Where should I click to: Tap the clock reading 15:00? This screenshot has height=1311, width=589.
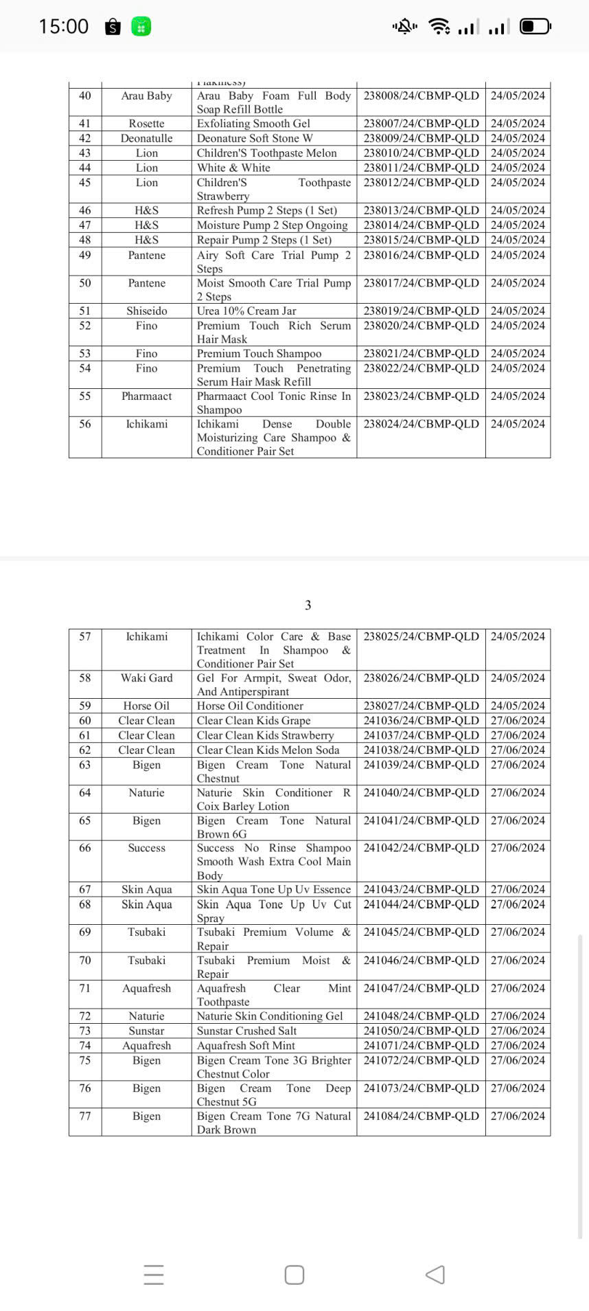pyautogui.click(x=64, y=26)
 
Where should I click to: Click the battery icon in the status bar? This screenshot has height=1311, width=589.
pyautogui.click(x=535, y=27)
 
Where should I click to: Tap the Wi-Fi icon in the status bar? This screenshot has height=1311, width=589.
pyautogui.click(x=439, y=27)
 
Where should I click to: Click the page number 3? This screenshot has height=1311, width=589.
pyautogui.click(x=308, y=605)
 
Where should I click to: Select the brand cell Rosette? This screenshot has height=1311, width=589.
pyautogui.click(x=146, y=124)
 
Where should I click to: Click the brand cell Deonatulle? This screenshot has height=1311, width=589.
pyautogui.click(x=146, y=138)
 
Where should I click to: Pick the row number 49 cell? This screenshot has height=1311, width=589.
pyautogui.click(x=85, y=255)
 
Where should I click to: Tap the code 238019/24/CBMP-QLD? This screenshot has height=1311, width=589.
pyautogui.click(x=421, y=311)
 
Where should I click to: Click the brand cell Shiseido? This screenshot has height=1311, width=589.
pyautogui.click(x=146, y=311)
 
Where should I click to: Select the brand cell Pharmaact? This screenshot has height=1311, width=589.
pyautogui.click(x=146, y=396)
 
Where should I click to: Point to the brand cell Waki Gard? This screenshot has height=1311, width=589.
pyautogui.click(x=146, y=677)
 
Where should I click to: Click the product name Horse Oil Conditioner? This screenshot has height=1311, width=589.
pyautogui.click(x=250, y=706)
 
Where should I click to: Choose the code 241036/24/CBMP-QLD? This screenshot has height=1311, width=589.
pyautogui.click(x=421, y=720)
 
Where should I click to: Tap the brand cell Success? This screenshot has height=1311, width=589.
pyautogui.click(x=146, y=848)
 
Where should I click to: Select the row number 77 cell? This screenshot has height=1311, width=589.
pyautogui.click(x=85, y=1116)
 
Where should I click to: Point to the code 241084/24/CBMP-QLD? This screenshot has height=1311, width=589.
pyautogui.click(x=421, y=1116)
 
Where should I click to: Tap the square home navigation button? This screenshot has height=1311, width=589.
pyautogui.click(x=294, y=1275)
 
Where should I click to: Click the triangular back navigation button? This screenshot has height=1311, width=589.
pyautogui.click(x=435, y=1275)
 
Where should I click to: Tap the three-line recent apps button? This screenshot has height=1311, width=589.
pyautogui.click(x=154, y=1275)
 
